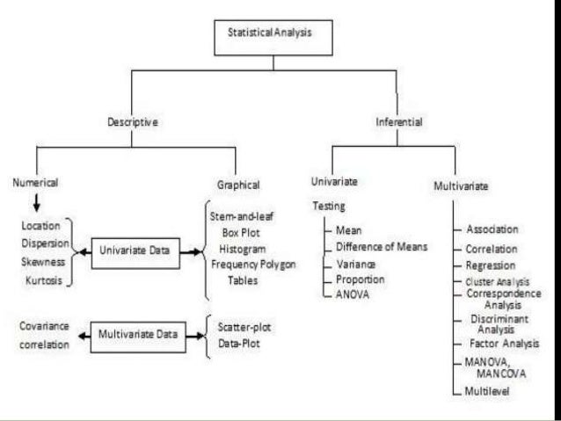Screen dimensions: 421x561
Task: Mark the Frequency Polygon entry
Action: click(253, 265)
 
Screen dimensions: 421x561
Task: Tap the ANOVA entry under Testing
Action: click(352, 294)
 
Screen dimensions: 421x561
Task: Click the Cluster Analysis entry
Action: click(499, 281)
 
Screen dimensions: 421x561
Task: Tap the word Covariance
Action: click(44, 325)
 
